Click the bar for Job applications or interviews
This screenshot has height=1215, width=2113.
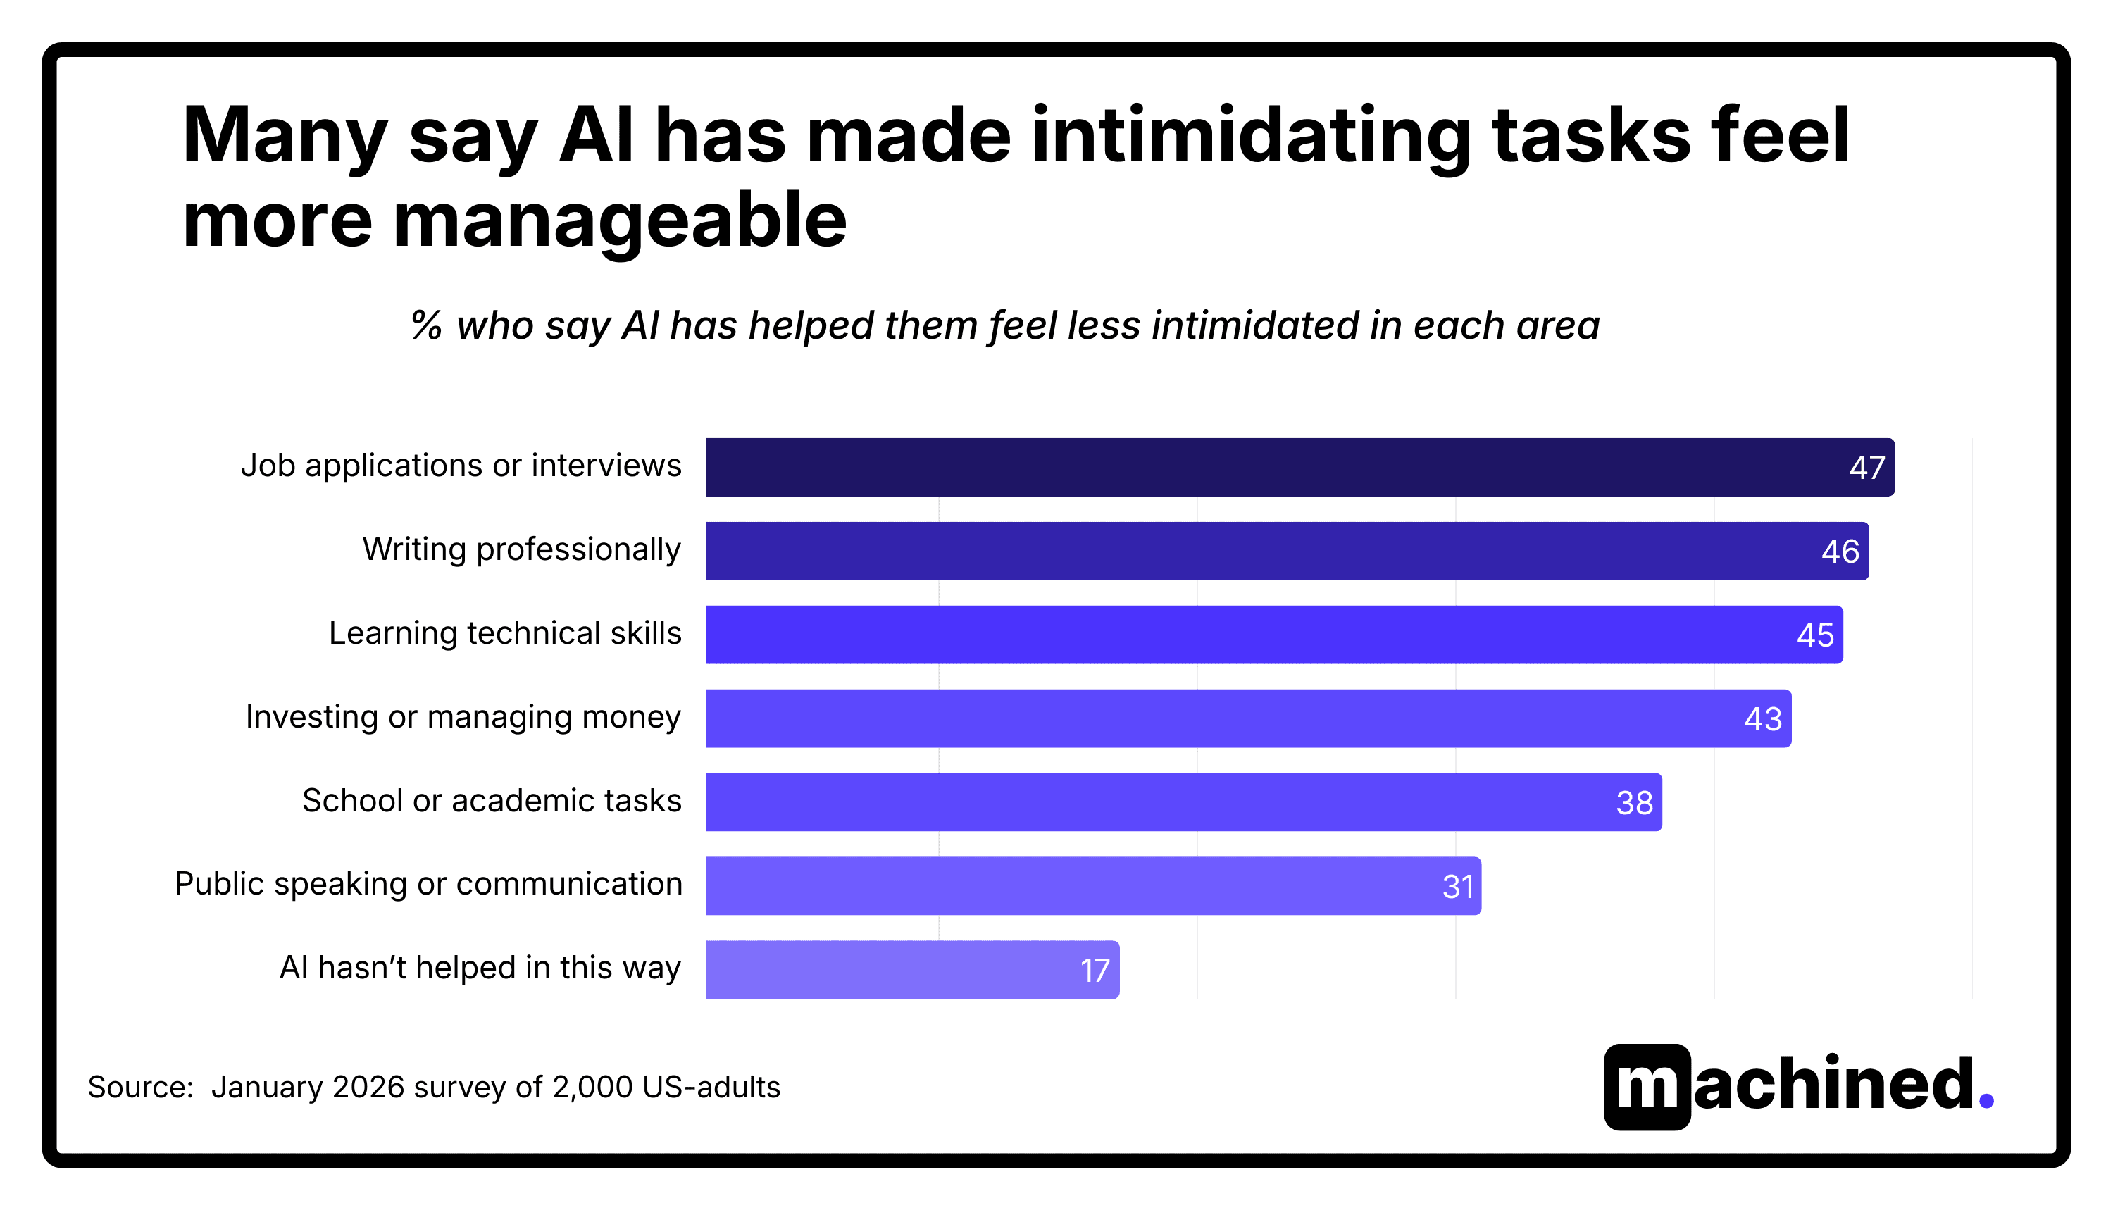[x=1252, y=467]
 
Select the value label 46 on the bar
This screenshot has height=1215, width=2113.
[x=1840, y=552]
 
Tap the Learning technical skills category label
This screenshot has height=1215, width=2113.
[x=505, y=633]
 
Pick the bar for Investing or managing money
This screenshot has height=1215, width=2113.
[x=1209, y=718]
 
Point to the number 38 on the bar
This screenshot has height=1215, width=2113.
[x=1633, y=803]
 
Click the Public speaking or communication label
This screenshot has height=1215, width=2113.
[x=428, y=884]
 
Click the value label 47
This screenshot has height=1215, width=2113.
[x=1866, y=467]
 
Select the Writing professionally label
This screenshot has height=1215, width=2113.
[x=521, y=550]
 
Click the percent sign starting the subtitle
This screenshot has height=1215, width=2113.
[x=426, y=325]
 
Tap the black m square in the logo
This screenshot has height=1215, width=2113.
[x=1647, y=1087]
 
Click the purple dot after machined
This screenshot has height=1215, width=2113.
[x=1986, y=1102]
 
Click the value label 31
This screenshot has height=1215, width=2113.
[x=1457, y=887]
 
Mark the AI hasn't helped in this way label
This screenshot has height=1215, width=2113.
[x=480, y=968]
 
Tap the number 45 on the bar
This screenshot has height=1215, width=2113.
[x=1814, y=635]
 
